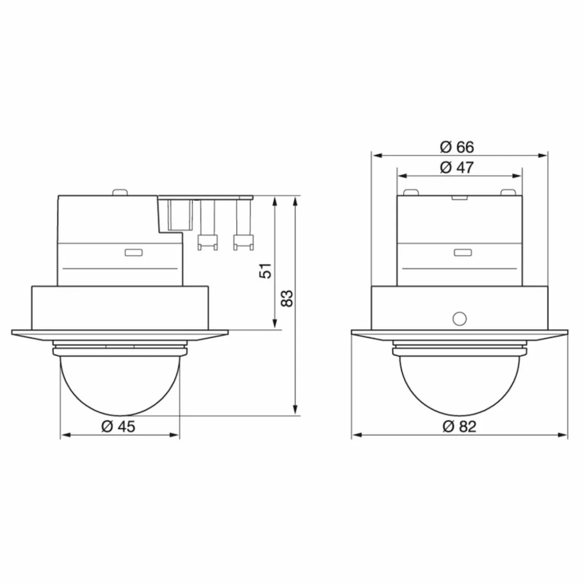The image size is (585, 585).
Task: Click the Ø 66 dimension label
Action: pos(457,147)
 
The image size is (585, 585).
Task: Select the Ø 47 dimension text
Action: pos(457,167)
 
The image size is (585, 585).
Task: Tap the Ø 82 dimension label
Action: pos(459,426)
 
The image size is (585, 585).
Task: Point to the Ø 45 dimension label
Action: pos(118,426)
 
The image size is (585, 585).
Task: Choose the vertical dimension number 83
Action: pos(287,298)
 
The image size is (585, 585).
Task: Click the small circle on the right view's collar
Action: pos(459,319)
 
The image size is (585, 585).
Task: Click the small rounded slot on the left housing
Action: pos(133,252)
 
